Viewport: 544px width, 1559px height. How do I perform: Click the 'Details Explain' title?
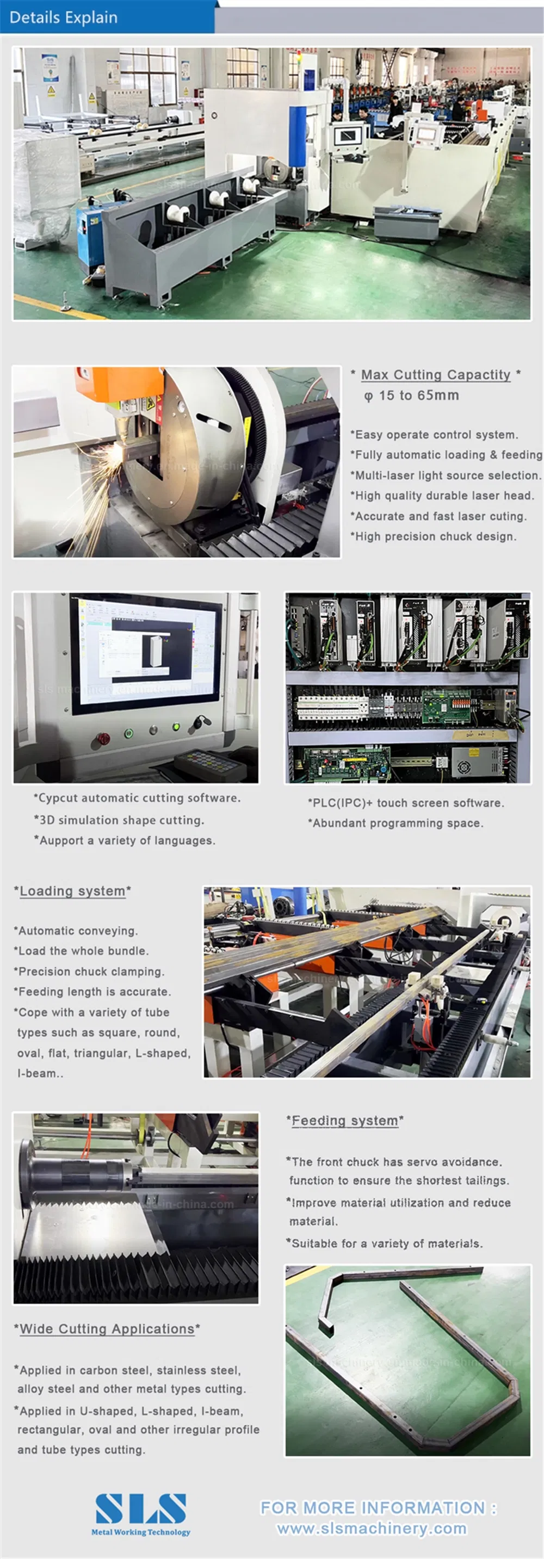point(64,17)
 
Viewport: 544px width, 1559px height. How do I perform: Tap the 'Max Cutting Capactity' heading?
point(436,375)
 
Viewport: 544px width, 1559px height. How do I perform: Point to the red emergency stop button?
point(103,738)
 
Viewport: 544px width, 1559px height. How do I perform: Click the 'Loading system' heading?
point(72,891)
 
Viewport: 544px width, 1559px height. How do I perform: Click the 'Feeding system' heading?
point(344,1121)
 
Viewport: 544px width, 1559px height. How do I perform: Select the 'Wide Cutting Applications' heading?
point(107,1329)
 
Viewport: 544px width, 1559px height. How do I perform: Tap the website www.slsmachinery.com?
point(372,1529)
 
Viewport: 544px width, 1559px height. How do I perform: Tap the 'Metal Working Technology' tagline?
point(140,1532)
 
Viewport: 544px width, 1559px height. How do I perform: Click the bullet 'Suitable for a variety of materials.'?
point(384,1244)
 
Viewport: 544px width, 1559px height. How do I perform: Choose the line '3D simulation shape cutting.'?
point(119,820)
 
